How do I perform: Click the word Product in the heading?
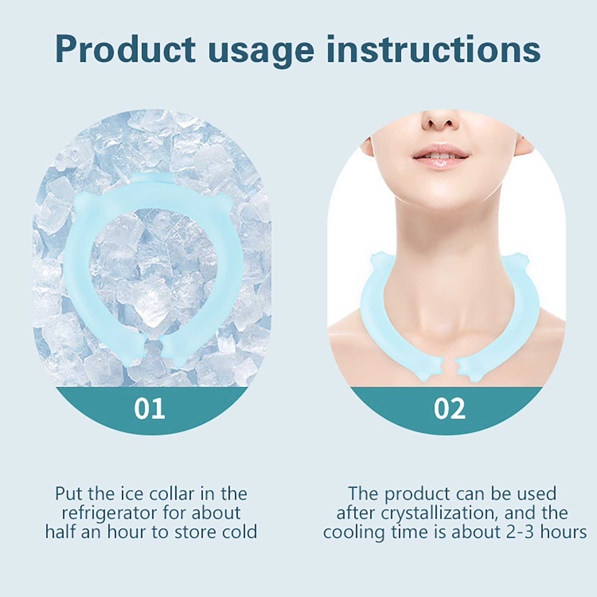click(x=125, y=49)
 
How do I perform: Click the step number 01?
click(x=150, y=408)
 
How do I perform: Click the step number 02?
click(x=450, y=408)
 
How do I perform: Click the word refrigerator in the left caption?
click(x=110, y=513)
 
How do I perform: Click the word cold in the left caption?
click(x=240, y=532)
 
